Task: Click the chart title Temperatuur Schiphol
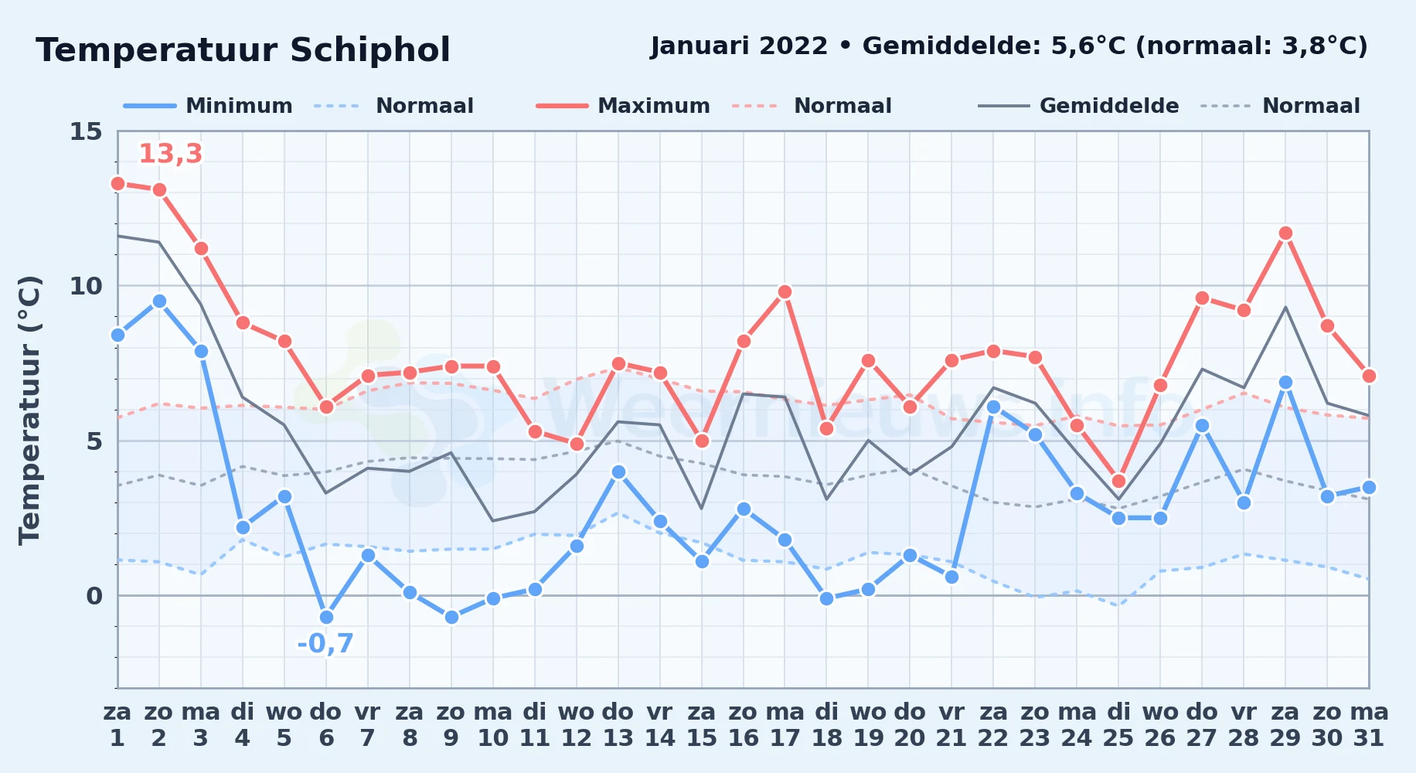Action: (x=243, y=50)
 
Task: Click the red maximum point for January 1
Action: (x=117, y=183)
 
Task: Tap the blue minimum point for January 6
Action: (x=326, y=617)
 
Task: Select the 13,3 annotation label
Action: (x=170, y=154)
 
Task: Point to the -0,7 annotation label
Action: (x=325, y=643)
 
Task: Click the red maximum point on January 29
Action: (x=1285, y=233)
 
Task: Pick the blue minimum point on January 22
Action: (x=993, y=407)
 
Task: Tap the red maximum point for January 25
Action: (x=1118, y=481)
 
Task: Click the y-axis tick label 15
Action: (x=86, y=131)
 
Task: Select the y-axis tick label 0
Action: (x=94, y=596)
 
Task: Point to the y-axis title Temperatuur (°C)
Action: (x=29, y=410)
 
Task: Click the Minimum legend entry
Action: (x=208, y=106)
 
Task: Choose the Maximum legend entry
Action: (x=623, y=106)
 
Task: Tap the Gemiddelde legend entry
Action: (x=1079, y=106)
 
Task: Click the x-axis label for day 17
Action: (x=785, y=724)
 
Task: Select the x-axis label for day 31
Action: (x=1369, y=724)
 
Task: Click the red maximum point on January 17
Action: (x=785, y=291)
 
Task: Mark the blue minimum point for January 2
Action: (x=159, y=301)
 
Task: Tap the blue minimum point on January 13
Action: (x=618, y=472)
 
